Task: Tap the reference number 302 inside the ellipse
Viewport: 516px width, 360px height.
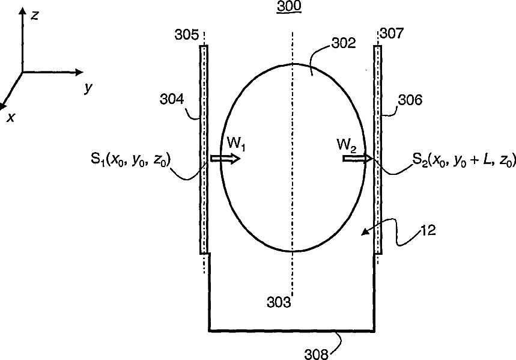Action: [x=344, y=43]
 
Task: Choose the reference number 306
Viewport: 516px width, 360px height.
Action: [x=410, y=100]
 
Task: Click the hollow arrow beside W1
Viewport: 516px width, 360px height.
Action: [x=225, y=159]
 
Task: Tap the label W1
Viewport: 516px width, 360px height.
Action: [x=235, y=142]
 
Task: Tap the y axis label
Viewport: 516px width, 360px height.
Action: [x=88, y=88]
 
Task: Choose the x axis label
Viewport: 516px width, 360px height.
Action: [x=10, y=118]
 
